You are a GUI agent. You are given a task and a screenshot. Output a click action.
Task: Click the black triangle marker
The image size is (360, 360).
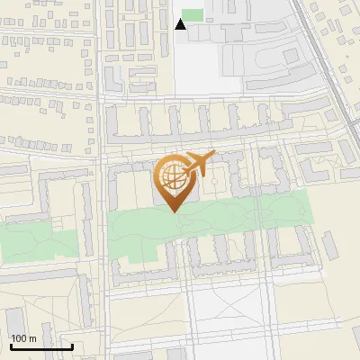click(x=181, y=24)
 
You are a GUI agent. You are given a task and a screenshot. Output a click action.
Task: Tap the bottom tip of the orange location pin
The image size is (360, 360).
click(x=174, y=211)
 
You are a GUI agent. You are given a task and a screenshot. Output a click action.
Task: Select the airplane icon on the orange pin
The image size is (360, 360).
click(x=198, y=164)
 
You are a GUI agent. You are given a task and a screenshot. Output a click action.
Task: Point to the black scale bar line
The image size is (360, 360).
click(x=41, y=346)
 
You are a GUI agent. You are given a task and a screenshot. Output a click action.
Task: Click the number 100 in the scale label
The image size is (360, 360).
click(x=19, y=338)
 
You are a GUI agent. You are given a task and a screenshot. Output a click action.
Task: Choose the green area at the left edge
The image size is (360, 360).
click(x=27, y=241)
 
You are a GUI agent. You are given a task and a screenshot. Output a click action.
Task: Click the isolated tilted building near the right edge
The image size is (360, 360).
click(x=330, y=243)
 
